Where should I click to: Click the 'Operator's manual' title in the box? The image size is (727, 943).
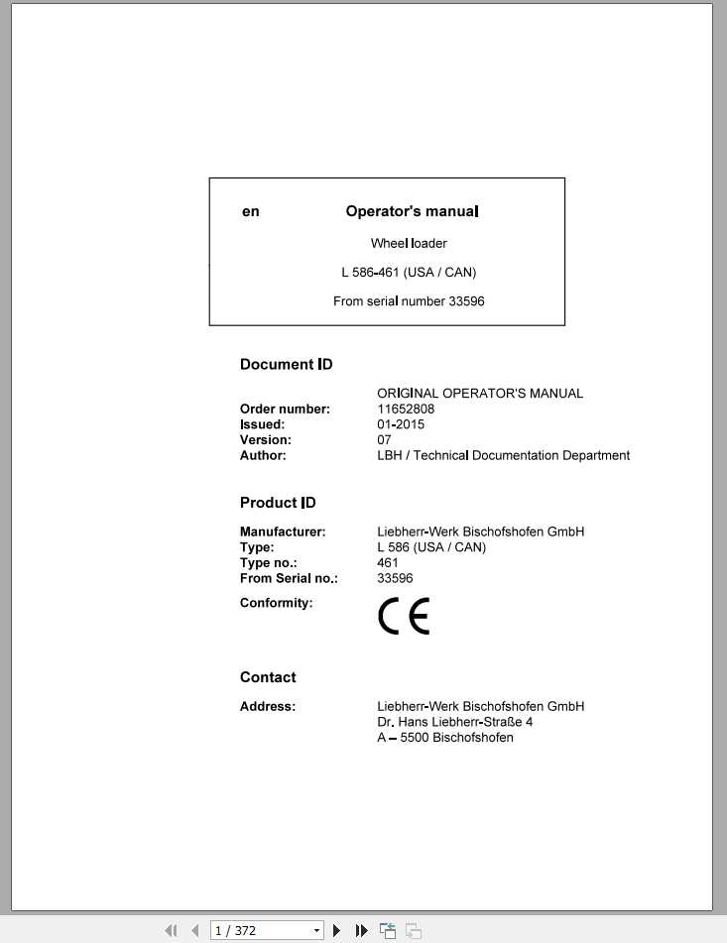coord(412,211)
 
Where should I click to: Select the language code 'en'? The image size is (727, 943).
coord(251,211)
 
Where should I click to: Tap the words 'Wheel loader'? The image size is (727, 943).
coord(409,243)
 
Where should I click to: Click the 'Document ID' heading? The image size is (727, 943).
coord(286,364)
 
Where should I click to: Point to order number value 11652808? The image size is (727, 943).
coord(406,409)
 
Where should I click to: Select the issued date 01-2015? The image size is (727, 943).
coord(401,424)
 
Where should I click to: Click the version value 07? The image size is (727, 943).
coord(385,439)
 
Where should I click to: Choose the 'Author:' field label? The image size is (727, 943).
coord(263,455)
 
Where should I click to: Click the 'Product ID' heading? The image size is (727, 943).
coord(278,503)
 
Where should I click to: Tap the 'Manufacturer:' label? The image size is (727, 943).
coord(283,531)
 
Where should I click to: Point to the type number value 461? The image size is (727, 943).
coord(388,562)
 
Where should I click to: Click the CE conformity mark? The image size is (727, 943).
coord(404,617)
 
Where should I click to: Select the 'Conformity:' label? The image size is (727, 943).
coord(276,602)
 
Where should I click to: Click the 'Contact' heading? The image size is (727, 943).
coord(268,677)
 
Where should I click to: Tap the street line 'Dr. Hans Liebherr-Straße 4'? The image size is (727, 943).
coord(455,722)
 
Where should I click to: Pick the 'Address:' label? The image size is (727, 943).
coord(268,706)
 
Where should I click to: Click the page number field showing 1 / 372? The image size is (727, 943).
coord(260,930)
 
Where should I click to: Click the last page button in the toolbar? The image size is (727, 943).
coord(361,930)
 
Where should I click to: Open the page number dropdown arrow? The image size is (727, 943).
coord(317,930)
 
